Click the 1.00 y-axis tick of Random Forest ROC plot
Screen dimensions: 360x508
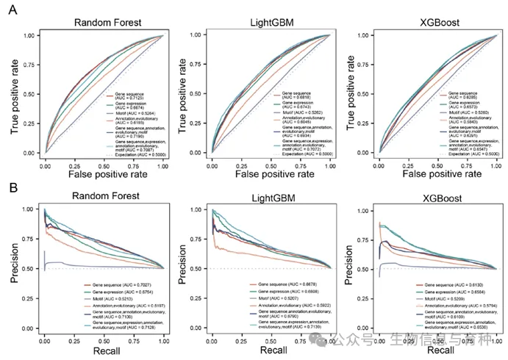29,35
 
